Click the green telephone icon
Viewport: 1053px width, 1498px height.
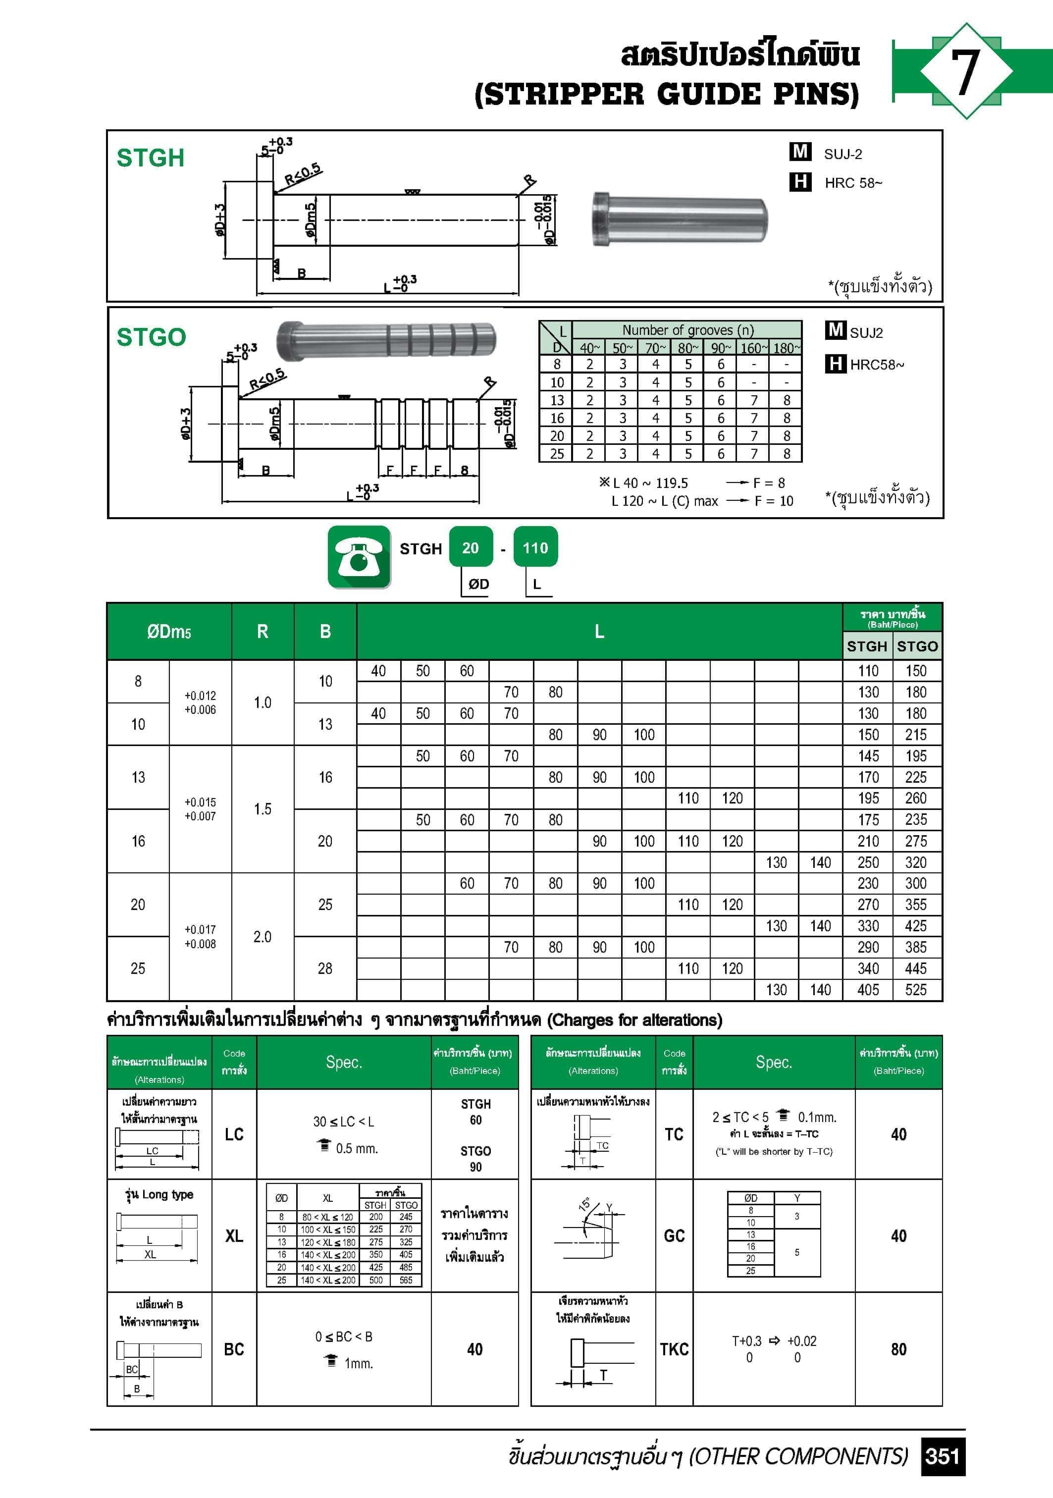pyautogui.click(x=359, y=556)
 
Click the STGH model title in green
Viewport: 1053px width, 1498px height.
pyautogui.click(x=150, y=158)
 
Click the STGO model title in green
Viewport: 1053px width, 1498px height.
pyautogui.click(x=151, y=337)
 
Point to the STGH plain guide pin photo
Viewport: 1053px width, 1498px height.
pyautogui.click(x=680, y=219)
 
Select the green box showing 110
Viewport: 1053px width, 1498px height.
pyautogui.click(x=535, y=548)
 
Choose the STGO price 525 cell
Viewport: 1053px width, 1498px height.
pyautogui.click(x=915, y=990)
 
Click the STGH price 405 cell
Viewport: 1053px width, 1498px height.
pyautogui.click(x=868, y=990)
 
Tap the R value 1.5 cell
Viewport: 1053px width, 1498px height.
pyautogui.click(x=263, y=809)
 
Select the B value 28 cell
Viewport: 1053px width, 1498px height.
pyautogui.click(x=325, y=968)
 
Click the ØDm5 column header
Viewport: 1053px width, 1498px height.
pyautogui.click(x=168, y=632)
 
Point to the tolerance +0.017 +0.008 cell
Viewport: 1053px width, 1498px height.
pyautogui.click(x=200, y=936)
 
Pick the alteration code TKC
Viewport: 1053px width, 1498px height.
pyautogui.click(x=674, y=1349)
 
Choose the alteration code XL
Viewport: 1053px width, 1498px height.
pyautogui.click(x=234, y=1236)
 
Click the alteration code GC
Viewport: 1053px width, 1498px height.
pyautogui.click(x=674, y=1236)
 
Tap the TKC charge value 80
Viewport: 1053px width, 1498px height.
pyautogui.click(x=898, y=1349)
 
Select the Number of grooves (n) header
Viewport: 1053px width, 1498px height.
pyautogui.click(x=687, y=330)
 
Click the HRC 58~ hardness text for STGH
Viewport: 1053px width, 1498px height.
pyautogui.click(x=853, y=183)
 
